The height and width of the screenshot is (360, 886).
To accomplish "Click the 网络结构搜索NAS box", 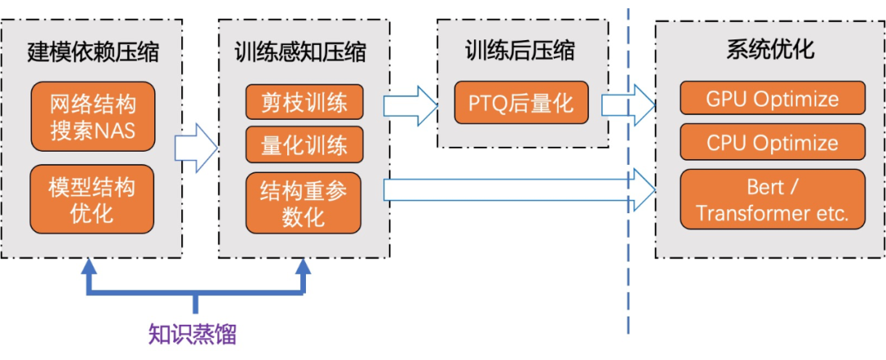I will (x=92, y=116).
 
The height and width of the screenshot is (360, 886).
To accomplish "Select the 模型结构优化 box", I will (x=92, y=198).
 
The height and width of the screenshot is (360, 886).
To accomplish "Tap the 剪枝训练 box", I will (x=304, y=102).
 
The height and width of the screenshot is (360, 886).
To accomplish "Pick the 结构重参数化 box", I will (x=304, y=203).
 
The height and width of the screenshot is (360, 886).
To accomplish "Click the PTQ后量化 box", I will (x=521, y=103).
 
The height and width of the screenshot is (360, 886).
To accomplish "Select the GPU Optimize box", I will (x=772, y=99).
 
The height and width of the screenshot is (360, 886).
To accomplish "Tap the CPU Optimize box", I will (x=772, y=143).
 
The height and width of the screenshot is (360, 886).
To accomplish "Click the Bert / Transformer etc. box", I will (x=772, y=200).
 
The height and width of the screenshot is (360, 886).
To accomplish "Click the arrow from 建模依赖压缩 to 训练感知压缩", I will (x=195, y=148).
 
